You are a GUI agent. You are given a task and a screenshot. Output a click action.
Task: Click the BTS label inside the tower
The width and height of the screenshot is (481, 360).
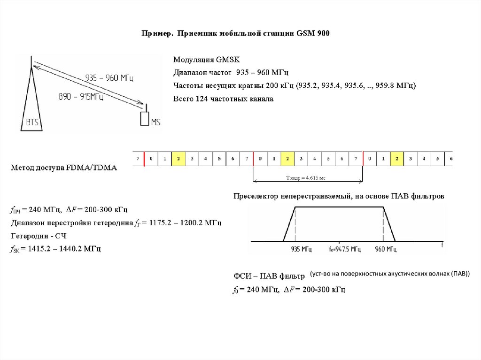click(32, 123)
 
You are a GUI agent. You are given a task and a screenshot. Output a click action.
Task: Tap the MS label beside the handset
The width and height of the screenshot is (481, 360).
click(155, 123)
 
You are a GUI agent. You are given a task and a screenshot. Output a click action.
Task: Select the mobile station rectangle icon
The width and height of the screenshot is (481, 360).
click(144, 118)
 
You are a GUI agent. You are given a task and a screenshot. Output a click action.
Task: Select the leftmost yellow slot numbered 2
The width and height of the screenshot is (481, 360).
click(178, 159)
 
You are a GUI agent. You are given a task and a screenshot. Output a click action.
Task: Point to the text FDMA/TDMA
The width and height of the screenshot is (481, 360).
click(93, 168)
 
